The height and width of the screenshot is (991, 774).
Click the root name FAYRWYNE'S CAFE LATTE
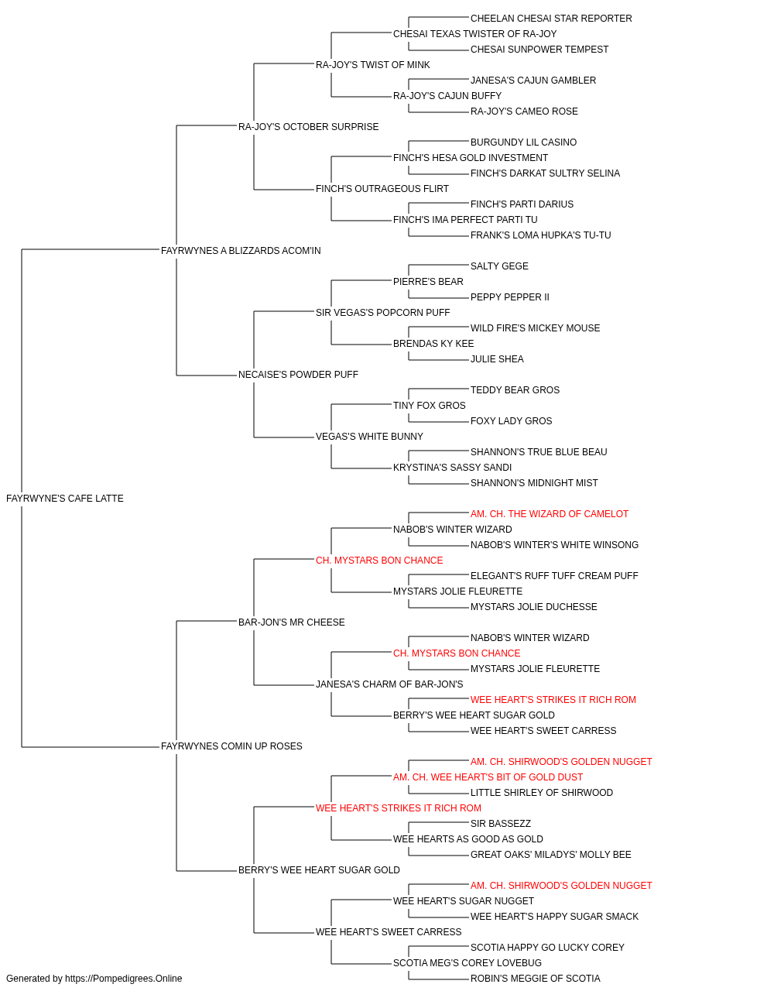point(65,499)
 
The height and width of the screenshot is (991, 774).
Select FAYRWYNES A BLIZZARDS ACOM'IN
point(241,251)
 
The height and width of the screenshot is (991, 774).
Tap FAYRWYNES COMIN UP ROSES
point(231,746)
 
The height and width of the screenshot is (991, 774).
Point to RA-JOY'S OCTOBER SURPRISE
point(308,127)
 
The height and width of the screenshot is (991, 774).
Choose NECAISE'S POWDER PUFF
point(298,375)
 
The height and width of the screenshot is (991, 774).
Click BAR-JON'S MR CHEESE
point(291,622)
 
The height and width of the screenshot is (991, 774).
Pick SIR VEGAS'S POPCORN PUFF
point(382,313)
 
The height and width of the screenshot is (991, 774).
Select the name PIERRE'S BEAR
point(428,282)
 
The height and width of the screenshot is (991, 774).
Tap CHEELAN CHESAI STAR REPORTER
point(551,19)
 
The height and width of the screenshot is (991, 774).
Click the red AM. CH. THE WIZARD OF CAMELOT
point(550,514)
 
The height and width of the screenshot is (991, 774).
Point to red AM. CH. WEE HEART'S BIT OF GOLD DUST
point(488,777)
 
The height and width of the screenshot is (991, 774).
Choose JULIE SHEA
point(497,359)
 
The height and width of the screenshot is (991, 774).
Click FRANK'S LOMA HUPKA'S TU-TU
point(540,235)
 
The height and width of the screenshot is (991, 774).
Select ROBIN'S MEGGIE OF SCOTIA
point(535,979)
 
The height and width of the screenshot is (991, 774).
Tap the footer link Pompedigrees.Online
point(123,979)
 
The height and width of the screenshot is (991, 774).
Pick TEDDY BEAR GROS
point(515,390)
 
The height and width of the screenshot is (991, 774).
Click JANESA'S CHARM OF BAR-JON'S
point(389,684)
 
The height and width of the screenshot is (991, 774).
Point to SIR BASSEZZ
point(501,824)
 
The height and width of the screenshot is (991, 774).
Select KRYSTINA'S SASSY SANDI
point(452,468)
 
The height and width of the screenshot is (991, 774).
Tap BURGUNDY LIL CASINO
point(523,142)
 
